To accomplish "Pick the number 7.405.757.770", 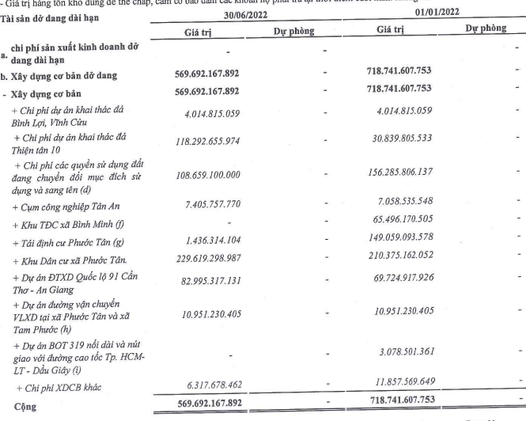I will click(218, 206).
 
